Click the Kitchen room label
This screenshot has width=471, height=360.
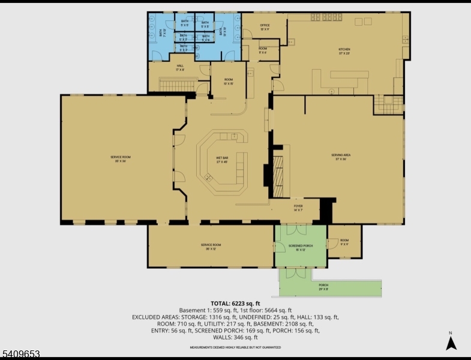coord(344,52)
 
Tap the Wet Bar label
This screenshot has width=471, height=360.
coord(221,160)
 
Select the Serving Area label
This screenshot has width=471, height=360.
coord(341,157)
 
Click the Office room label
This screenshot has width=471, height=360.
coord(264,26)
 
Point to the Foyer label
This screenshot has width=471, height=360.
coord(298,208)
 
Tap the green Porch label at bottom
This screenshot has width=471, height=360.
coord(323,287)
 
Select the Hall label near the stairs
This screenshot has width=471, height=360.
coord(179,68)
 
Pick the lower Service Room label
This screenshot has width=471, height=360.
coord(211,246)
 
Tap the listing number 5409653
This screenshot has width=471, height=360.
coord(20,355)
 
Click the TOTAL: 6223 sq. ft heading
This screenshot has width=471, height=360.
coord(235,303)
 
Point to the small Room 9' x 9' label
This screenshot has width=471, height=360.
coord(344,241)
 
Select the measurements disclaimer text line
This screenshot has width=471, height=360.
coord(235,347)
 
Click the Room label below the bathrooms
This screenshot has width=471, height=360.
coord(229,81)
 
